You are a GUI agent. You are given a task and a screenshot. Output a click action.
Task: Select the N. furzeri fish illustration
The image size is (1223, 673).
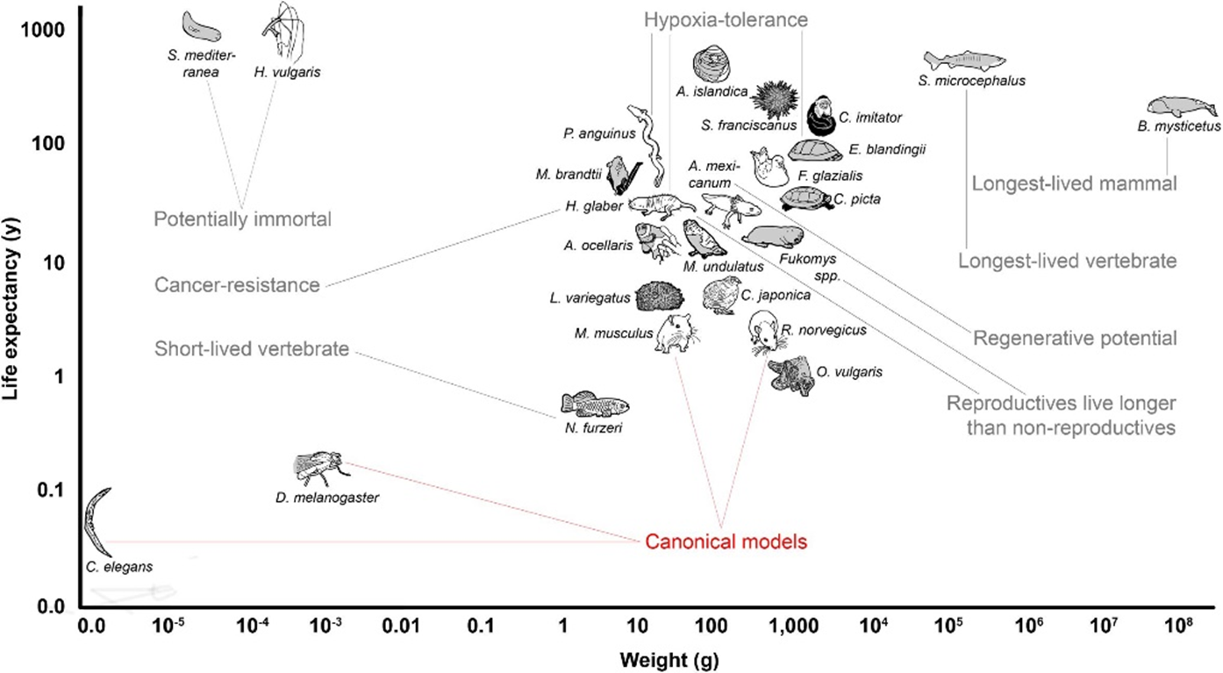click(x=595, y=405)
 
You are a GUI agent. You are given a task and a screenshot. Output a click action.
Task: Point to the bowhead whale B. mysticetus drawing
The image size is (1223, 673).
click(x=1182, y=106)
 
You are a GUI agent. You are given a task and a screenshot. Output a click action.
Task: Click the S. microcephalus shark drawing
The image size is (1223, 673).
click(x=964, y=61)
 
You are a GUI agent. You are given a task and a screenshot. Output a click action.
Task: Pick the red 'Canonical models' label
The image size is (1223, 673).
click(x=726, y=541)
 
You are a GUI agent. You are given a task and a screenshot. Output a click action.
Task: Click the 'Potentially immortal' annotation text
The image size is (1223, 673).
click(x=242, y=219)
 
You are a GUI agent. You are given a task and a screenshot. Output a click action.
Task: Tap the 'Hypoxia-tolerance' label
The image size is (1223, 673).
click(x=726, y=19)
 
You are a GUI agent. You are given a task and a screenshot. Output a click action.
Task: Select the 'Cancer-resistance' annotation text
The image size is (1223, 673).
click(x=237, y=284)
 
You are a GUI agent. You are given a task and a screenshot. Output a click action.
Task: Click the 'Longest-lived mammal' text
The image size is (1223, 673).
click(x=1074, y=183)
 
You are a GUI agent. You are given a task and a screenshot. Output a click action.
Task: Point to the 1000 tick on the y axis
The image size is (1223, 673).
click(x=43, y=30)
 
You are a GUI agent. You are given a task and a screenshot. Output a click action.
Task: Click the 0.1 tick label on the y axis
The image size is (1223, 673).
click(x=51, y=490)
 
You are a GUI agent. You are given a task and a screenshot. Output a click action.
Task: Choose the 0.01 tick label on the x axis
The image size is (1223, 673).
click(x=401, y=626)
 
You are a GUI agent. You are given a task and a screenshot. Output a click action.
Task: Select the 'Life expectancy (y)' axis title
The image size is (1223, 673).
click(x=11, y=309)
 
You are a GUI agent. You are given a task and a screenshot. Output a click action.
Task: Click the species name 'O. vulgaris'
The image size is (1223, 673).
click(x=849, y=372)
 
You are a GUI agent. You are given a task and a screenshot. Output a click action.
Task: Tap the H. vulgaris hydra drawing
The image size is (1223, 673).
click(x=283, y=30)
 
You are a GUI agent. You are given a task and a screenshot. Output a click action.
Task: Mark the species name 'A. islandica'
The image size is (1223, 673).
click(x=712, y=91)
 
